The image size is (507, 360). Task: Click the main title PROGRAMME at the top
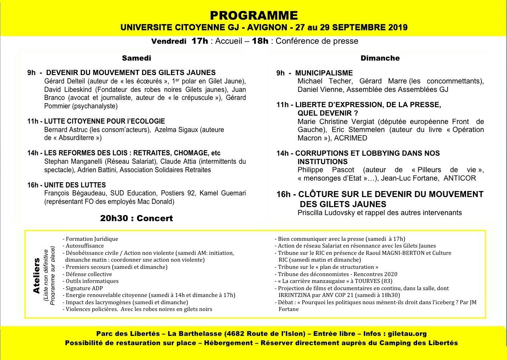(253, 15)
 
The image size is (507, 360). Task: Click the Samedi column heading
(136, 58)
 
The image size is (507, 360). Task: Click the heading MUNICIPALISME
(324, 73)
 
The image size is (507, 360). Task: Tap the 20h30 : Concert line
(136, 218)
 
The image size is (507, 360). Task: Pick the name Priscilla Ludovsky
(325, 213)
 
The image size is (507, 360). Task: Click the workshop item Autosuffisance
(85, 246)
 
